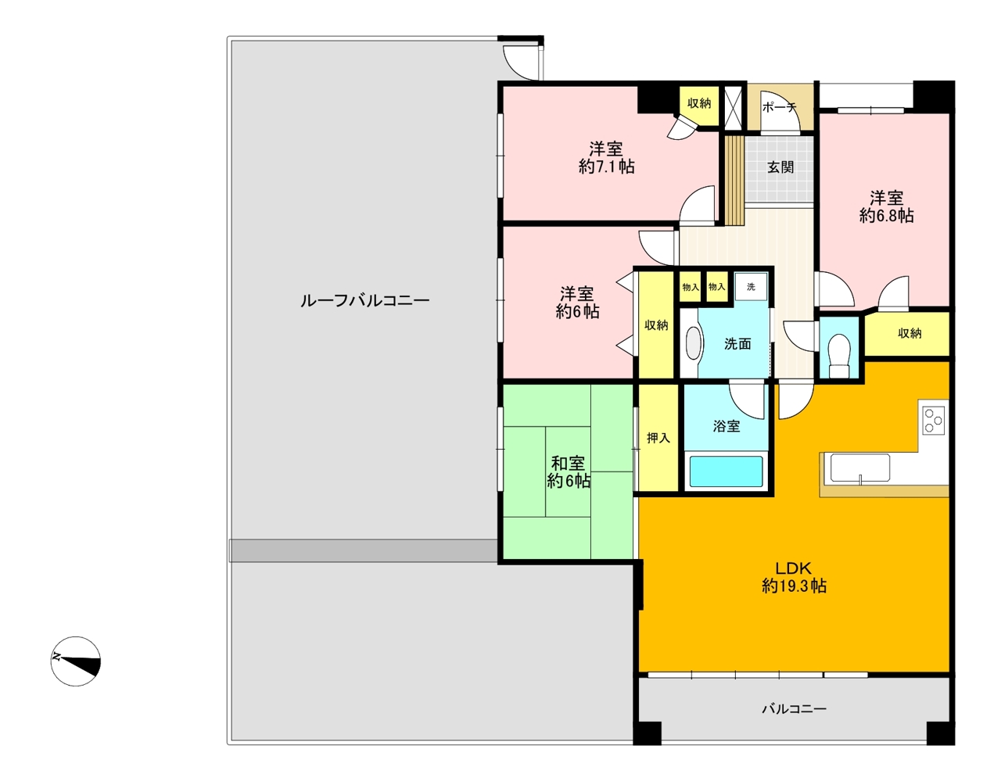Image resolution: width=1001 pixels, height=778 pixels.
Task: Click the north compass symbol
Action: click(76, 661)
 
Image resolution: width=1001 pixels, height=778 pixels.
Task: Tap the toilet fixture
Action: click(839, 356)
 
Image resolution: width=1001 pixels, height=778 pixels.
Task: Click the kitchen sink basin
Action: click(860, 468)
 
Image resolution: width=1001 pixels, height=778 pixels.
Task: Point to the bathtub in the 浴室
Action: click(726, 471)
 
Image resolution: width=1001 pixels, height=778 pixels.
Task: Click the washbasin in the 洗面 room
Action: click(694, 343)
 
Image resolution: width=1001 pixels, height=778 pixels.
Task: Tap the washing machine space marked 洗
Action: click(751, 287)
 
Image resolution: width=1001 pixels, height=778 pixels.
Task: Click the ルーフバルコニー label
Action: click(365, 301)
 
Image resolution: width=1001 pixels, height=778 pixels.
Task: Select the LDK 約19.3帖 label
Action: click(794, 577)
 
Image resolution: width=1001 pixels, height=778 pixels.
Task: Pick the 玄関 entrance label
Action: click(780, 167)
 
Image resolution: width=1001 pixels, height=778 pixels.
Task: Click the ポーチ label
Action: click(779, 108)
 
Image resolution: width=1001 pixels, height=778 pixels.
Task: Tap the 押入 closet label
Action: click(658, 438)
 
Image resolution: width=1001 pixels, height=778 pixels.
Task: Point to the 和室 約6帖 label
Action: click(569, 471)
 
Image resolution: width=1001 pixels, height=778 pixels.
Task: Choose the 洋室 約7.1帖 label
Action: click(606, 157)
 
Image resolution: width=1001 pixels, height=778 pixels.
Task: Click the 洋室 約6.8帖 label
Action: click(886, 206)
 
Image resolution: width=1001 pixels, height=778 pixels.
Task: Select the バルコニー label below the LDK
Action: click(794, 708)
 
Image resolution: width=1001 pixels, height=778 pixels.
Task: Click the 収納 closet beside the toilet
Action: click(906, 334)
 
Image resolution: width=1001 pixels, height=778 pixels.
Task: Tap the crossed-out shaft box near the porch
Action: click(733, 108)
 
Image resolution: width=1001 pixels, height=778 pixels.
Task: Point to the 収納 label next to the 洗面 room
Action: click(656, 325)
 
